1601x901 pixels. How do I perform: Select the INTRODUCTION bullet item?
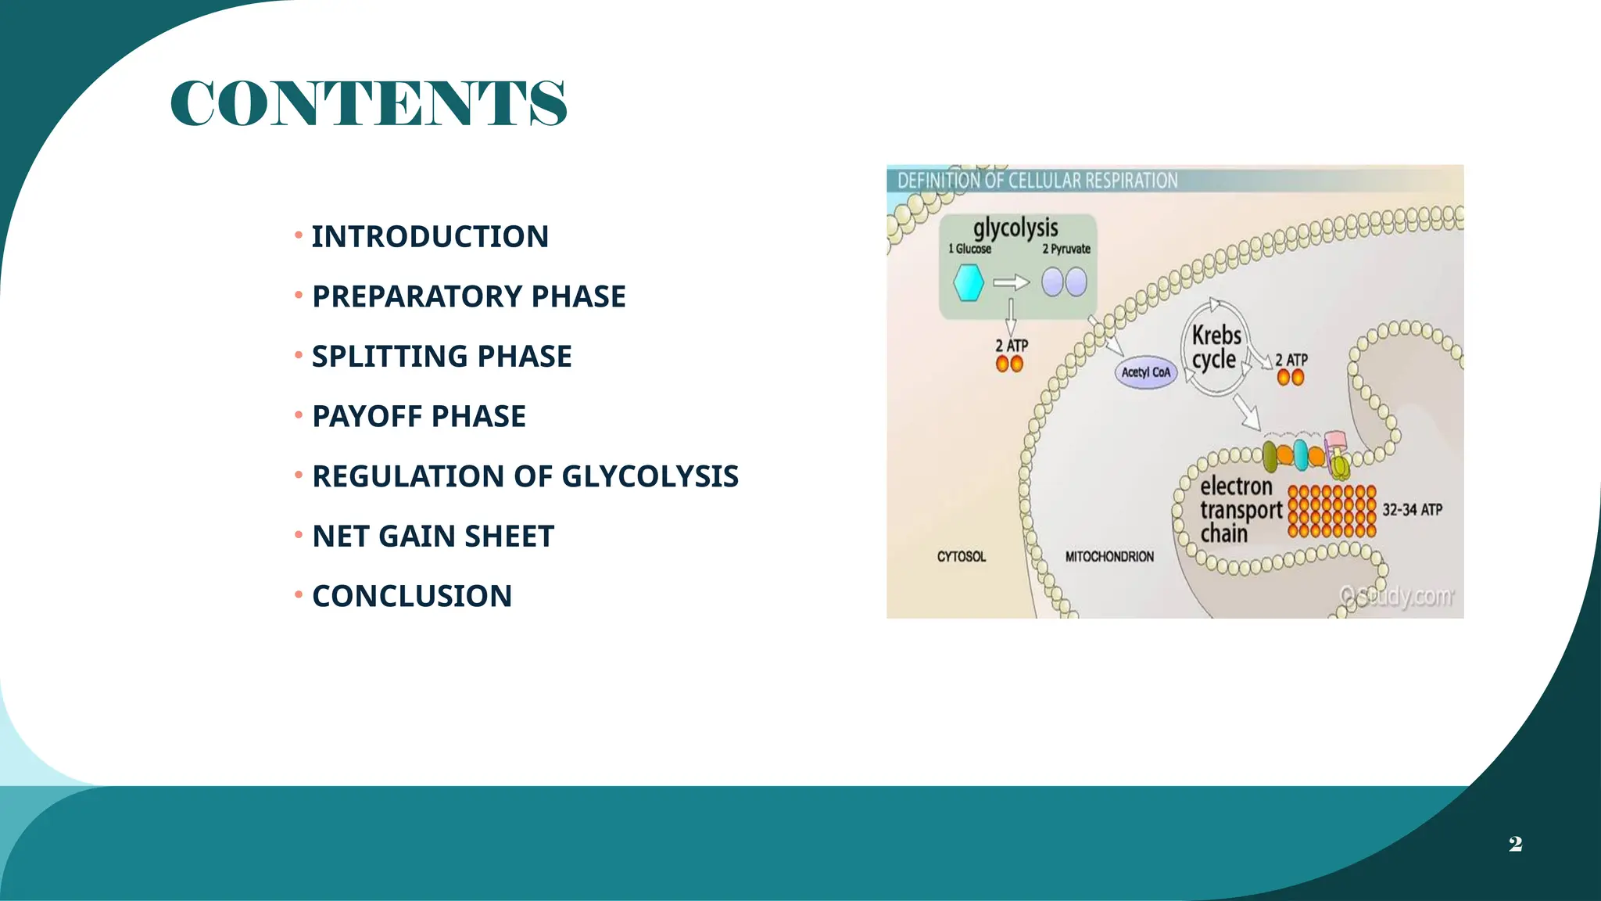pos(430,236)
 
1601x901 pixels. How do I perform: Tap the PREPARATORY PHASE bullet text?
pos(469,296)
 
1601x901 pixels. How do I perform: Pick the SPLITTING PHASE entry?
pos(442,357)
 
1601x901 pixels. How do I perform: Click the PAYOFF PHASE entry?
pos(419,416)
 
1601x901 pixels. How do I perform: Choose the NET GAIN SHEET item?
pos(433,537)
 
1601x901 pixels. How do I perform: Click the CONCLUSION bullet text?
pos(412,596)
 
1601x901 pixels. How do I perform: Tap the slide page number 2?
pos(1515,844)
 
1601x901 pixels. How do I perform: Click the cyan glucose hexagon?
pos(968,282)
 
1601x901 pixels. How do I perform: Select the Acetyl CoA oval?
pos(1145,372)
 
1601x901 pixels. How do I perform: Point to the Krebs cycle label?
pos(1216,347)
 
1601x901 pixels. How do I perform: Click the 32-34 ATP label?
pos(1412,510)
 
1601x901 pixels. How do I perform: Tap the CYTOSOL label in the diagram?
pos(962,557)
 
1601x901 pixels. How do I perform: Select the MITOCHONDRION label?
pos(1109,557)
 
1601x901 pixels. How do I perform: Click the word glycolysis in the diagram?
pos(1015,228)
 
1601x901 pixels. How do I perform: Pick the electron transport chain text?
pos(1240,510)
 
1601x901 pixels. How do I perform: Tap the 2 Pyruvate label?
pos(1066,249)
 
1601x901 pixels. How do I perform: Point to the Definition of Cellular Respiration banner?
pos(1037,181)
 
